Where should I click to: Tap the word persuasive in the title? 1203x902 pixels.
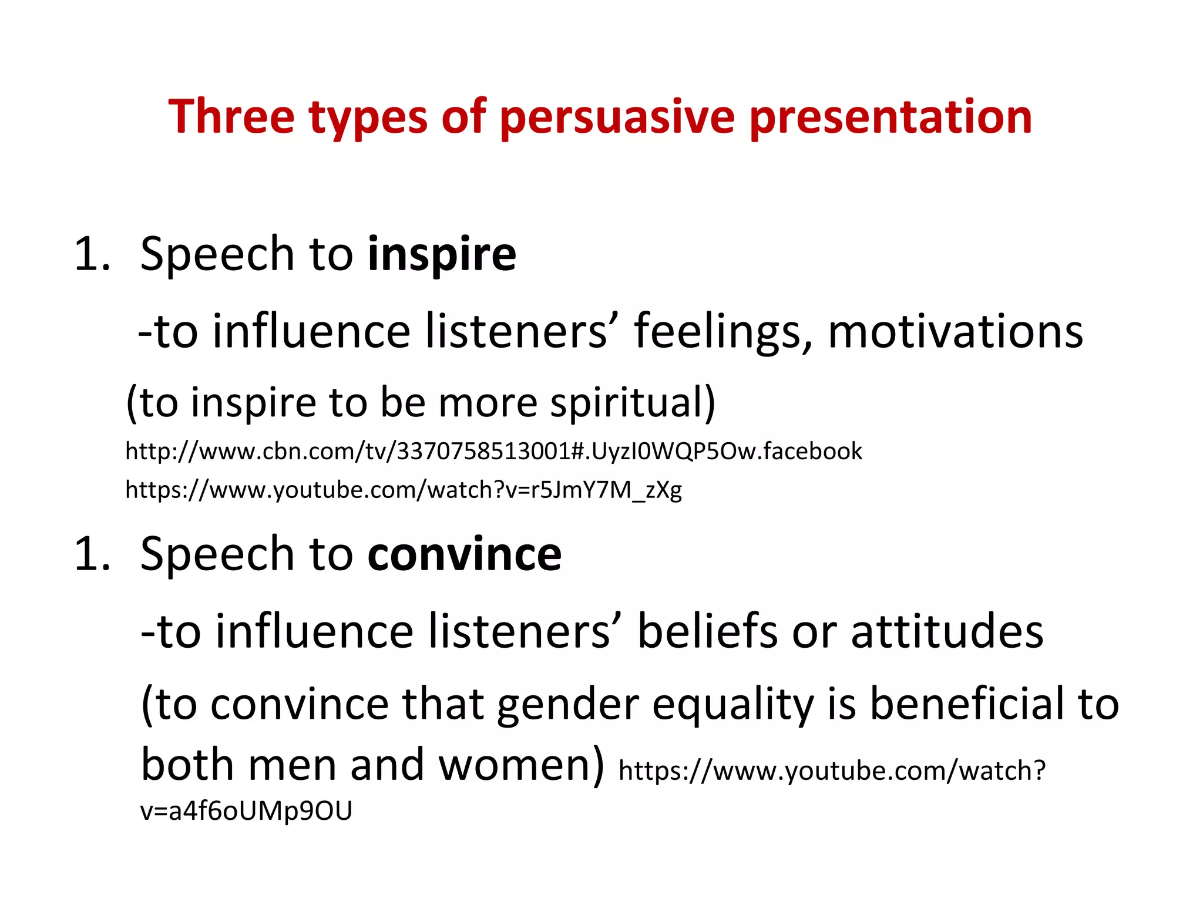pos(617,117)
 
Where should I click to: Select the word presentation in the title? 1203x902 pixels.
pos(891,117)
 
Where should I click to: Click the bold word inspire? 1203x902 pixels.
pos(442,254)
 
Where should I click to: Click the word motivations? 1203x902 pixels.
pos(955,332)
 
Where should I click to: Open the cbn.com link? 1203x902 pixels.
pos(493,451)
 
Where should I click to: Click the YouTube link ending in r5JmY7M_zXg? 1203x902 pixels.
pos(404,489)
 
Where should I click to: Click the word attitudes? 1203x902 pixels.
pos(947,632)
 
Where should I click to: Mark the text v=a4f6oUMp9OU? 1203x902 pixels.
pos(246,811)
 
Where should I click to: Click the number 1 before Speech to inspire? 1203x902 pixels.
pos(86,254)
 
